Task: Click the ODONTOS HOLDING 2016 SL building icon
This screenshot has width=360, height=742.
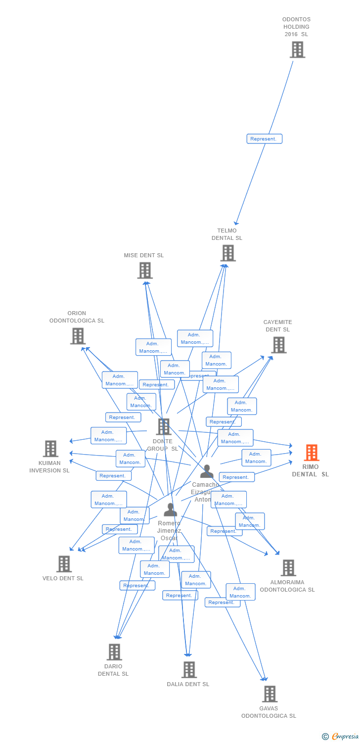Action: (297, 50)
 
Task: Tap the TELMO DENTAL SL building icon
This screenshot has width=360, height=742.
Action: (227, 253)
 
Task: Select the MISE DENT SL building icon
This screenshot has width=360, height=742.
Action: (144, 271)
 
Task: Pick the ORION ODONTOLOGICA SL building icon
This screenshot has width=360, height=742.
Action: (78, 336)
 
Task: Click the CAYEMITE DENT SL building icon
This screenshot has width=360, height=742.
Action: (279, 345)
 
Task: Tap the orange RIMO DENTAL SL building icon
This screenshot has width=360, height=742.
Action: (311, 453)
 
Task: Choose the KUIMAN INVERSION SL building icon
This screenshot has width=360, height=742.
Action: (50, 449)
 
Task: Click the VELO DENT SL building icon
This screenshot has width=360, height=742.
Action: (64, 564)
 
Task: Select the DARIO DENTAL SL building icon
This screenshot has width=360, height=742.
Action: (114, 652)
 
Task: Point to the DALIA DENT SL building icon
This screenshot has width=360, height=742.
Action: (189, 670)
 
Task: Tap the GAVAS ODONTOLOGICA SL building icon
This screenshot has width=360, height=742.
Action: (270, 694)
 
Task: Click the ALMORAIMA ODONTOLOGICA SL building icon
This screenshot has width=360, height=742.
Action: (288, 568)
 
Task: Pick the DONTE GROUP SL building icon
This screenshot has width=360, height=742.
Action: (163, 427)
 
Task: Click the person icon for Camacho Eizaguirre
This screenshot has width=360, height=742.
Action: (207, 471)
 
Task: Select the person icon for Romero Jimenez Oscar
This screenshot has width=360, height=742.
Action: (170, 510)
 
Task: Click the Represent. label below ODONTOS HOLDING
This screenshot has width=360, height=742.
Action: (264, 139)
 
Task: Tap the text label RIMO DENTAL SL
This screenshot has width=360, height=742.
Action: (310, 470)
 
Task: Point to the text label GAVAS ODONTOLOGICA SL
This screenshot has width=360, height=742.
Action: (269, 712)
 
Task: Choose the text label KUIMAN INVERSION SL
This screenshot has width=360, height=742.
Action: (49, 467)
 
